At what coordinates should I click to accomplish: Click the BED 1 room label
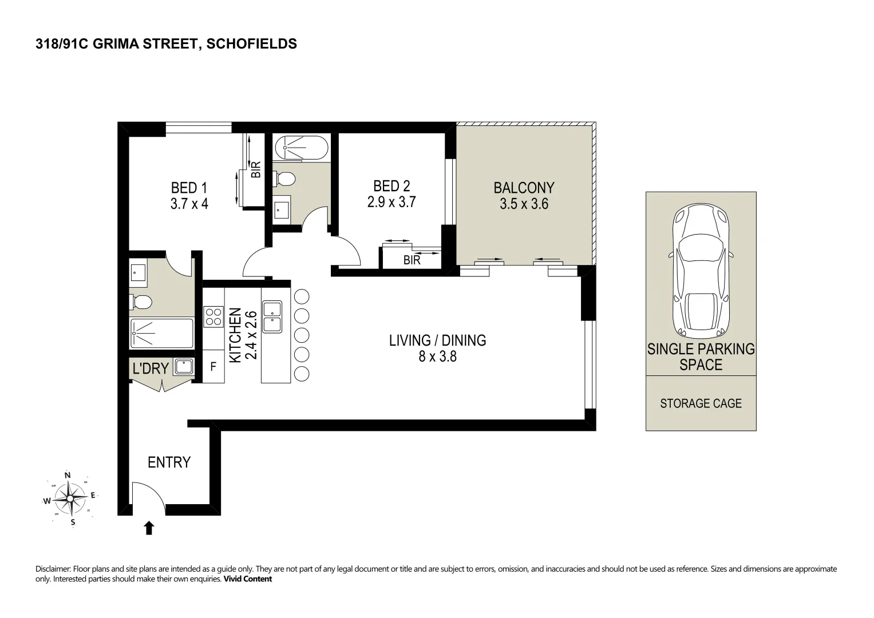coord(189,188)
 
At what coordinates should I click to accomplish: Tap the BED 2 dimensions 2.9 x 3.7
coord(391,202)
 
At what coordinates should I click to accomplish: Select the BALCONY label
coord(524,188)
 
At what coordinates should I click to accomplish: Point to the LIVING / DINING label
coord(437,340)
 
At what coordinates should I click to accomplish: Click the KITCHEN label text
coord(235,335)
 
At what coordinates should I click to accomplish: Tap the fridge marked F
coord(213,367)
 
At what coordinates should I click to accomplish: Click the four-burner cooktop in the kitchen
coord(213,317)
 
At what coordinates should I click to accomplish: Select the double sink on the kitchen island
coord(272,317)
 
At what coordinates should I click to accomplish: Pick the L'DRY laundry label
coord(151,369)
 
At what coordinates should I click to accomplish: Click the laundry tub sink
coord(184,367)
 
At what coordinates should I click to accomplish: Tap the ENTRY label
coord(169,462)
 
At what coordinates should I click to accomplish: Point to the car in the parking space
coord(701,271)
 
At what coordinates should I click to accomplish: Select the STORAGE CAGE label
coord(701,403)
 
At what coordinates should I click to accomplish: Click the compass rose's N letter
coord(68,475)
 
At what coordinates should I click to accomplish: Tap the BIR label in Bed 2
coord(412,260)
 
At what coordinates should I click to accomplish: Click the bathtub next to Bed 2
coord(302,148)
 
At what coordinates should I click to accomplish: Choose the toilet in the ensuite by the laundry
coord(140,302)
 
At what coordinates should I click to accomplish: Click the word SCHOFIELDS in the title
coord(252,43)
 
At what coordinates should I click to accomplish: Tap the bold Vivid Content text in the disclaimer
coord(247,579)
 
